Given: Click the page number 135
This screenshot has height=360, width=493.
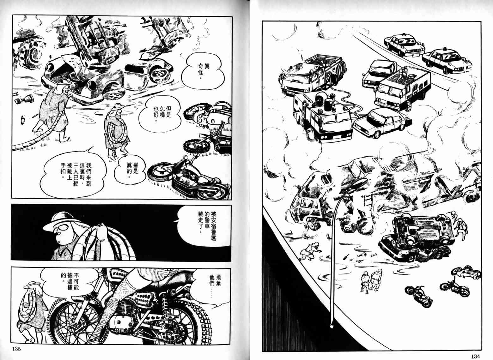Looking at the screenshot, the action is (x=16, y=349).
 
